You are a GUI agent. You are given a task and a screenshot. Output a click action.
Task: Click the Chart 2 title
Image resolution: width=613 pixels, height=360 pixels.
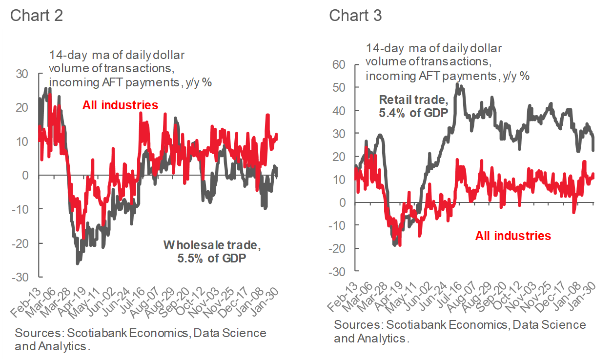36,15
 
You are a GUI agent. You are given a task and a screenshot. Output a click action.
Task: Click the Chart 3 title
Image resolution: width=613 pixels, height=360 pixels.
355,15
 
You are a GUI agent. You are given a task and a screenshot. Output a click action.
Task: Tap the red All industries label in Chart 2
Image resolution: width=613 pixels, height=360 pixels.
120,105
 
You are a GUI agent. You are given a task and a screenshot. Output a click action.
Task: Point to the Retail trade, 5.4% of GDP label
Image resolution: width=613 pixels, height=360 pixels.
413,106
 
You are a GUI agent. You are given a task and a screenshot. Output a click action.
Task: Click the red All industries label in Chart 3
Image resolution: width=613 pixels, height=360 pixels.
513,236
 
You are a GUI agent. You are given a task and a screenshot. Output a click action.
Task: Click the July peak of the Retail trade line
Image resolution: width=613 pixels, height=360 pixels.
457,84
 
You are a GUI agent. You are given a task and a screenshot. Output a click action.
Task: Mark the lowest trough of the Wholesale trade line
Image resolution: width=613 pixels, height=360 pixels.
77,264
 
